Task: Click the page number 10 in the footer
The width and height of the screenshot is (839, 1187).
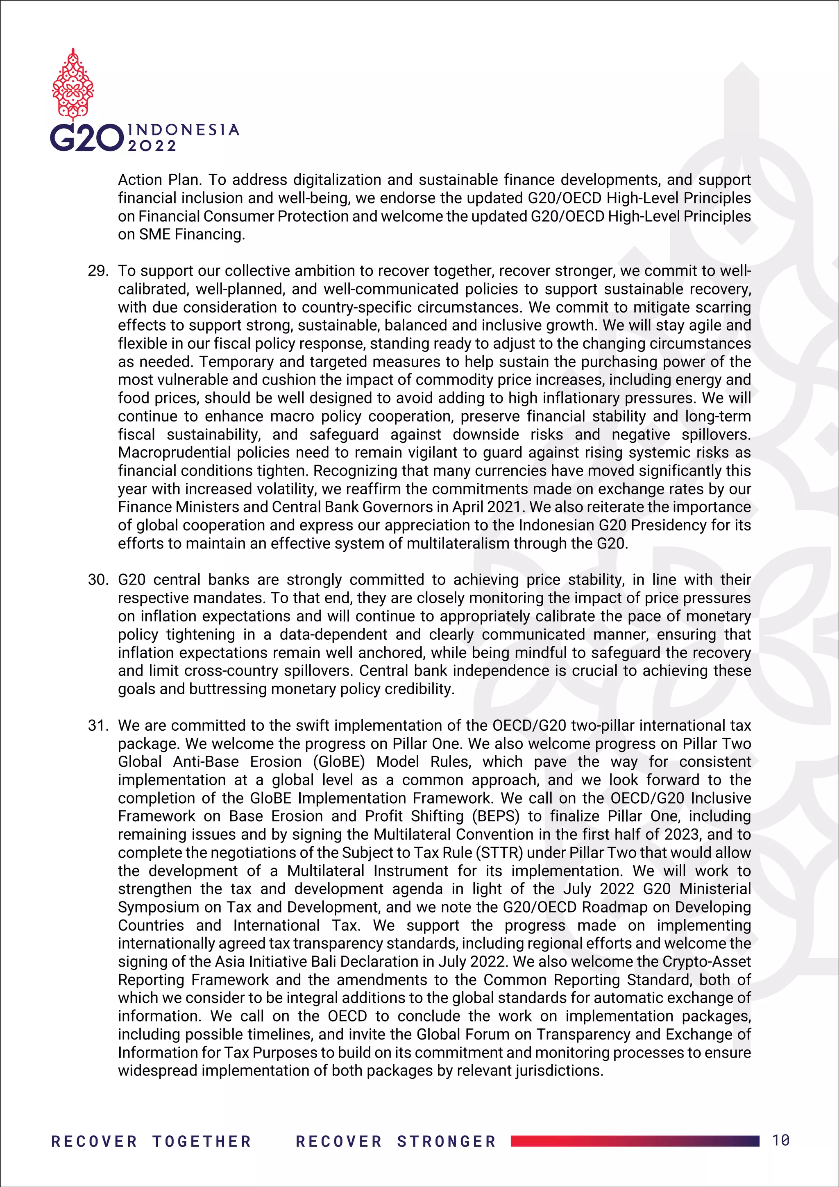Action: [x=780, y=1140]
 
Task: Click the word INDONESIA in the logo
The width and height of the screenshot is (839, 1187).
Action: [x=184, y=130]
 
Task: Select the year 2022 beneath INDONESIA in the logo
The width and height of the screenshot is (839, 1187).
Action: [x=152, y=146]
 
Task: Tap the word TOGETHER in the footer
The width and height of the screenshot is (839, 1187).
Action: [x=202, y=1141]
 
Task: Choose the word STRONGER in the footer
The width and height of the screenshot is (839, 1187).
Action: [x=446, y=1141]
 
